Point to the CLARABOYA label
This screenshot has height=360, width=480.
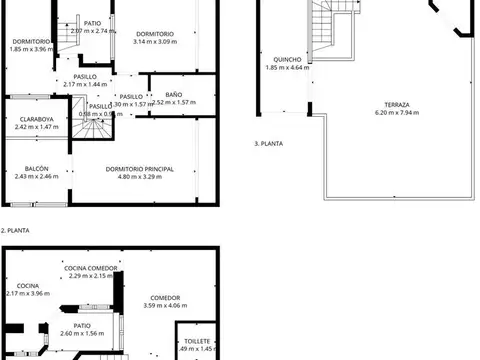point(35,119)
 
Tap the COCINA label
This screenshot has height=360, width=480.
point(27,285)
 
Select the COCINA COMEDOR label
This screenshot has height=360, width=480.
point(92,268)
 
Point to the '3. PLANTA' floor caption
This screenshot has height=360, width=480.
point(269,143)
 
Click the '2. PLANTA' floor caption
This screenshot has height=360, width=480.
point(17,230)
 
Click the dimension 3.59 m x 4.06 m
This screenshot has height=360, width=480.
point(165,305)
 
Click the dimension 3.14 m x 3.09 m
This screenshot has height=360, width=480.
point(154,42)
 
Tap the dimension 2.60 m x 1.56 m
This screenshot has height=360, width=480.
point(82,333)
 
